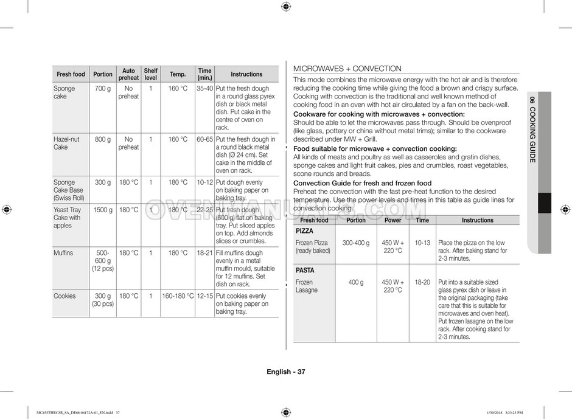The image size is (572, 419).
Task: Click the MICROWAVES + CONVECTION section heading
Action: coord(347,69)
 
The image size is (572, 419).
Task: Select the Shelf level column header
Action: coord(150,74)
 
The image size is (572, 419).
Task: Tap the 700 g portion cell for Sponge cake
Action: coord(103,89)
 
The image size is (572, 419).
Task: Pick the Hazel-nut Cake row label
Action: coord(66,143)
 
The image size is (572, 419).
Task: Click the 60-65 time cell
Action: coord(204,139)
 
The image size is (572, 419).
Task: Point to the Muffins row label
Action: coord(63,253)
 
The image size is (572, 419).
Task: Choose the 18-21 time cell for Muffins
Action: coord(204,253)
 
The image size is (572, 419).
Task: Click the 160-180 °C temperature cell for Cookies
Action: coord(178,296)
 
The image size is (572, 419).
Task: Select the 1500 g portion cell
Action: coord(103,210)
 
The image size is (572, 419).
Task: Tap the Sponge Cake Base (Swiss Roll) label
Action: coord(68,190)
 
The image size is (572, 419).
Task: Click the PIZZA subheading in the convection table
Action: coord(304,231)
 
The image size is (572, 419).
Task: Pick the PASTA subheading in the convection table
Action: coord(305,270)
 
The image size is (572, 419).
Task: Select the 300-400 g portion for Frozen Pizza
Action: coord(356,243)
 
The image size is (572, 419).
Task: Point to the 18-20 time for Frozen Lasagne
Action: coord(422,282)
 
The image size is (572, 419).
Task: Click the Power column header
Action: coord(392,220)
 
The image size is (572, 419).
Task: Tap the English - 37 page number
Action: coord(285,372)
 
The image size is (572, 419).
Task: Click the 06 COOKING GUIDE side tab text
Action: coord(532,129)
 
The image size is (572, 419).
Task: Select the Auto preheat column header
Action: coord(128,74)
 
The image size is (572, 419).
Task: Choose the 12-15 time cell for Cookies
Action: coord(204,296)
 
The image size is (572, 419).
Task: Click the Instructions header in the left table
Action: coord(246,74)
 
